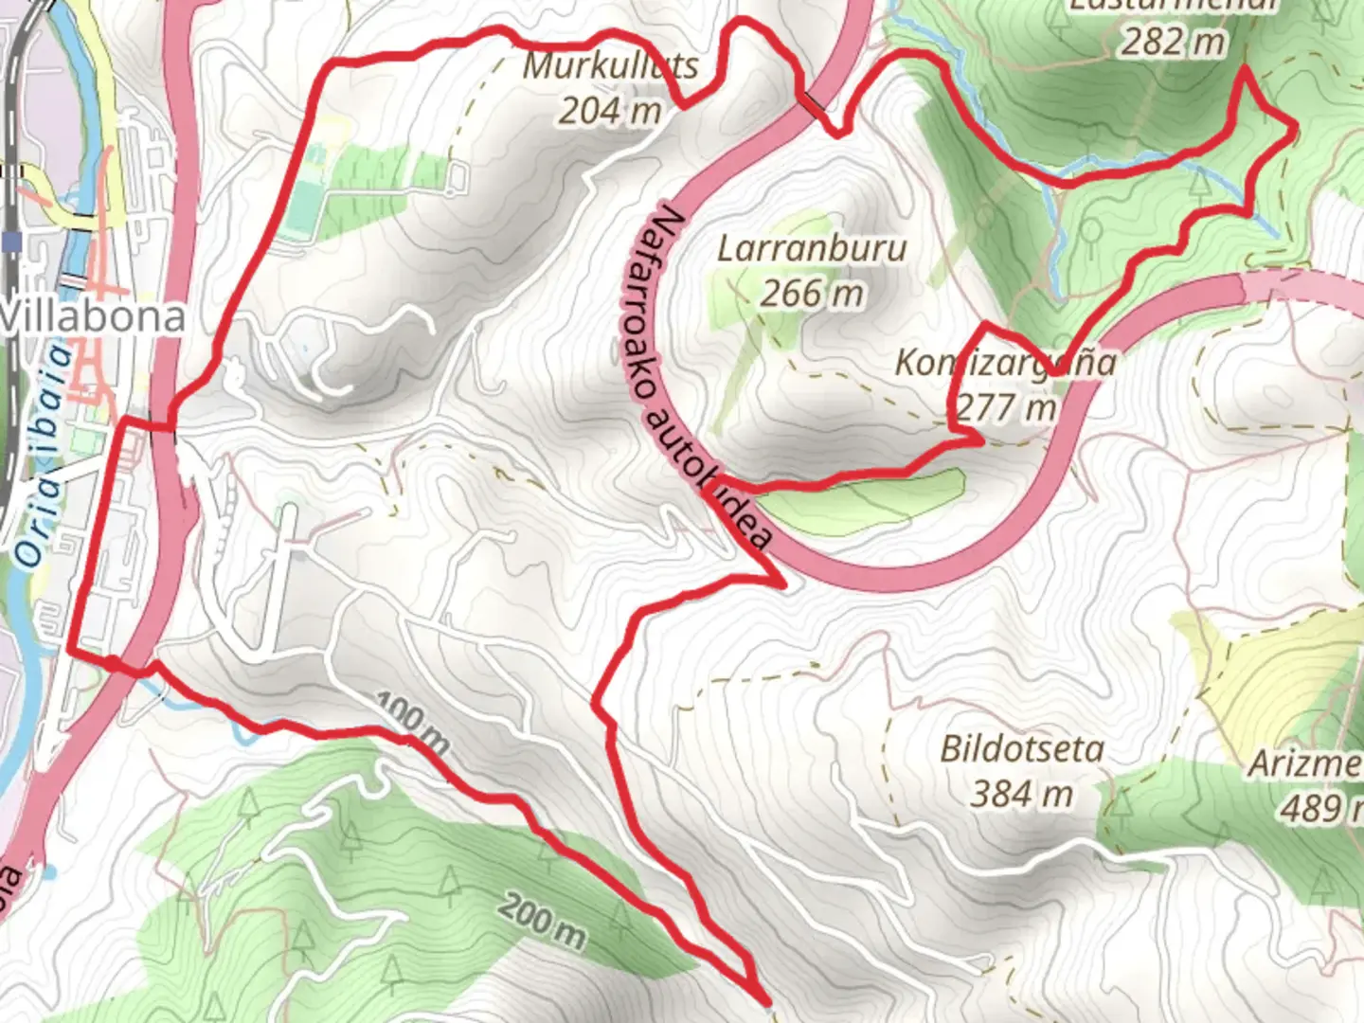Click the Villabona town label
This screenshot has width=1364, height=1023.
[x=93, y=317]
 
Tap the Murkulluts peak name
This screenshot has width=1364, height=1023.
[x=611, y=66]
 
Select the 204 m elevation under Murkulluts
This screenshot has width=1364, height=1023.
[x=609, y=111]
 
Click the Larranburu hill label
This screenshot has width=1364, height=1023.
[x=812, y=249]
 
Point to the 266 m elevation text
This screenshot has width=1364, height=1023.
[x=812, y=294]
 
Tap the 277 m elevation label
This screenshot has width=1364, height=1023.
[x=1005, y=407]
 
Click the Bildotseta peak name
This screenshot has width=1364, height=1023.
[x=1021, y=749]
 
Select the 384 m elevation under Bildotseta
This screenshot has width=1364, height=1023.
[x=1021, y=794]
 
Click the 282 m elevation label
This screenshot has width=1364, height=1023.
[x=1173, y=42]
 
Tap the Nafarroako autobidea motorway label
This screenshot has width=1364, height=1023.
[x=710, y=379]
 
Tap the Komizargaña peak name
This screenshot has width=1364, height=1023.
[x=1004, y=363]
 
